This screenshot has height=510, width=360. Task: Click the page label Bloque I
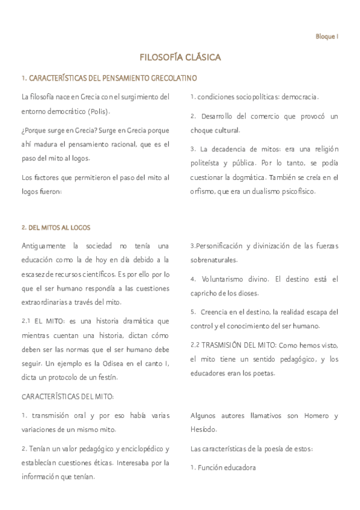click(327, 36)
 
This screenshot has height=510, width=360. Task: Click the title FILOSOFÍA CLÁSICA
click(180, 58)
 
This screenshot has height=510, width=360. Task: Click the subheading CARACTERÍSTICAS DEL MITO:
click(67, 398)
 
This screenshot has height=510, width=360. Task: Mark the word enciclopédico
click(135, 449)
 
